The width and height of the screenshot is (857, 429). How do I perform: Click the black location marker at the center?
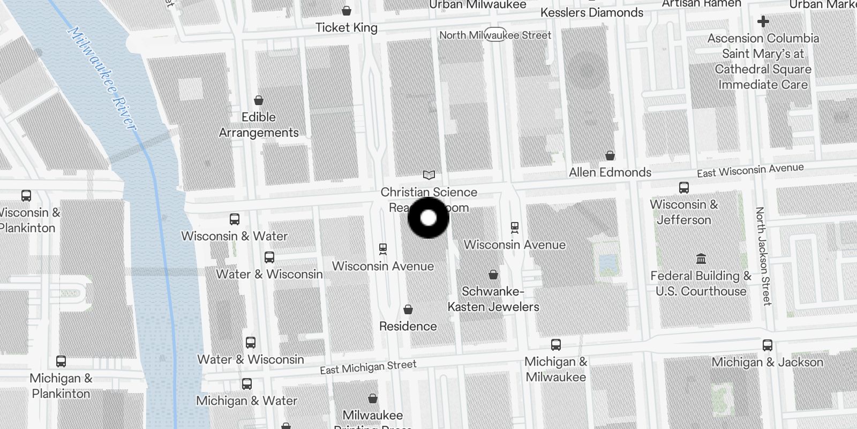click(428, 218)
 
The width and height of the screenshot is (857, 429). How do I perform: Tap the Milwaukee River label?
click(101, 78)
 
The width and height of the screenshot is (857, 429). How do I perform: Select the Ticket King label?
click(346, 27)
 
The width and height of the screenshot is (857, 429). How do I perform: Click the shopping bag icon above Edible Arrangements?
click(259, 100)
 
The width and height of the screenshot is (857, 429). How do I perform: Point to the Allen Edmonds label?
click(610, 172)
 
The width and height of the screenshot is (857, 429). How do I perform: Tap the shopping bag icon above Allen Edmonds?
click(610, 156)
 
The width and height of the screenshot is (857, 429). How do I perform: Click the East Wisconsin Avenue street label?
click(750, 171)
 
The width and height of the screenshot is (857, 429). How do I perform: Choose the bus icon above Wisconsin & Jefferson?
click(683, 188)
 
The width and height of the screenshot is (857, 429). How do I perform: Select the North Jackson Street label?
click(763, 256)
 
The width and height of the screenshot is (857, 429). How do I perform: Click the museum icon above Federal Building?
click(701, 259)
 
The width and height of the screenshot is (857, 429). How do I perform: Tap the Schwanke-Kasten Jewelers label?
click(493, 299)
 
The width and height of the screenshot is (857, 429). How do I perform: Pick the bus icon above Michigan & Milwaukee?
click(556, 345)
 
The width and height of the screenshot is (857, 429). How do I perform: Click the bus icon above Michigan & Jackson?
click(767, 346)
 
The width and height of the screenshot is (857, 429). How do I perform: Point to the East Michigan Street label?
click(368, 367)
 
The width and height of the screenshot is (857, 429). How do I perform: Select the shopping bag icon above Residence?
click(408, 309)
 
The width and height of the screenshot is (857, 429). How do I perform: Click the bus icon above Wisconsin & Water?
click(235, 219)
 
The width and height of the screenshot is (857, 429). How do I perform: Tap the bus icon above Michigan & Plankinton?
click(61, 361)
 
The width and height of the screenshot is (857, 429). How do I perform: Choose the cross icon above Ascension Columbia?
click(763, 21)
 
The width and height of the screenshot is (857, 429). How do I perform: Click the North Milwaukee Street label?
click(495, 35)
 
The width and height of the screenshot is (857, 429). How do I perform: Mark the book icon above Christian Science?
click(428, 175)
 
